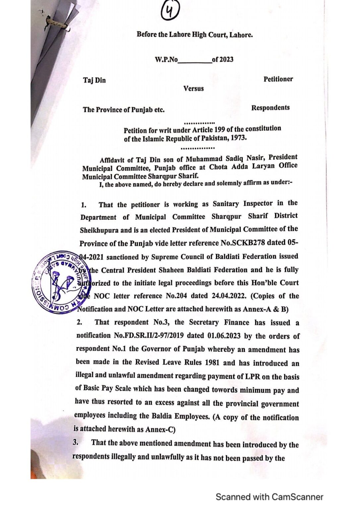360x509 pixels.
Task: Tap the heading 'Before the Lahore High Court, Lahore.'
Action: tap(195, 34)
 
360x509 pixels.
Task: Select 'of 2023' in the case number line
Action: tap(223, 60)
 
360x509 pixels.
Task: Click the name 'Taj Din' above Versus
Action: tap(94, 80)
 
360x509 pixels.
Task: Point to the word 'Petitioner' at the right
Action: tap(278, 79)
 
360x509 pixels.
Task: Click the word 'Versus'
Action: tap(194, 88)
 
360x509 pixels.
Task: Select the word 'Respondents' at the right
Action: tap(270, 108)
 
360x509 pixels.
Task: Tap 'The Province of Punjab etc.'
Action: tap(124, 110)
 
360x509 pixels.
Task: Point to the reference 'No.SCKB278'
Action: tap(243, 243)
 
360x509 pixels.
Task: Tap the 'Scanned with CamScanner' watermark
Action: tap(269, 497)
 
